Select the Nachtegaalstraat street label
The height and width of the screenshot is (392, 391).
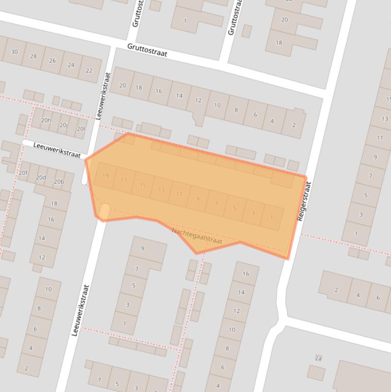pos(197,236)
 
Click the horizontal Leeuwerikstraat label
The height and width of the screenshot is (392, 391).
pos(57,150)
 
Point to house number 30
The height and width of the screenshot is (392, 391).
pos(14,52)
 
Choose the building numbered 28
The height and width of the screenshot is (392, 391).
pos(34,56)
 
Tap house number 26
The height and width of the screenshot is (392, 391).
pos(52,61)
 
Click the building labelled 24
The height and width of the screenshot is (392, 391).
pos(71,65)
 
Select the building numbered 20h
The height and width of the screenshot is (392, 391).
pos(46,121)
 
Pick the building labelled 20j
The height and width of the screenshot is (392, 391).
pos(63,125)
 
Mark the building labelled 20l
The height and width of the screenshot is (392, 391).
pos(80,129)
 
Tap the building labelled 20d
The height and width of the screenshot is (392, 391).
pos(41,178)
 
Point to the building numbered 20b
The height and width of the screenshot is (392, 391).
pos(58,182)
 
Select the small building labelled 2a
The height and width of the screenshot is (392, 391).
pos(318,359)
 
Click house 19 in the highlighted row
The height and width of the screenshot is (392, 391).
pos(105,176)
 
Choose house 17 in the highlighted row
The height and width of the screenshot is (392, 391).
pos(124,180)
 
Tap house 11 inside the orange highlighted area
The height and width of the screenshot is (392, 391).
pos(179,194)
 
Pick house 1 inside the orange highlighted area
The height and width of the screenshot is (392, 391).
pos(272,217)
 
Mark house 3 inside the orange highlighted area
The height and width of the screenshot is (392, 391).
pos(253,213)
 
